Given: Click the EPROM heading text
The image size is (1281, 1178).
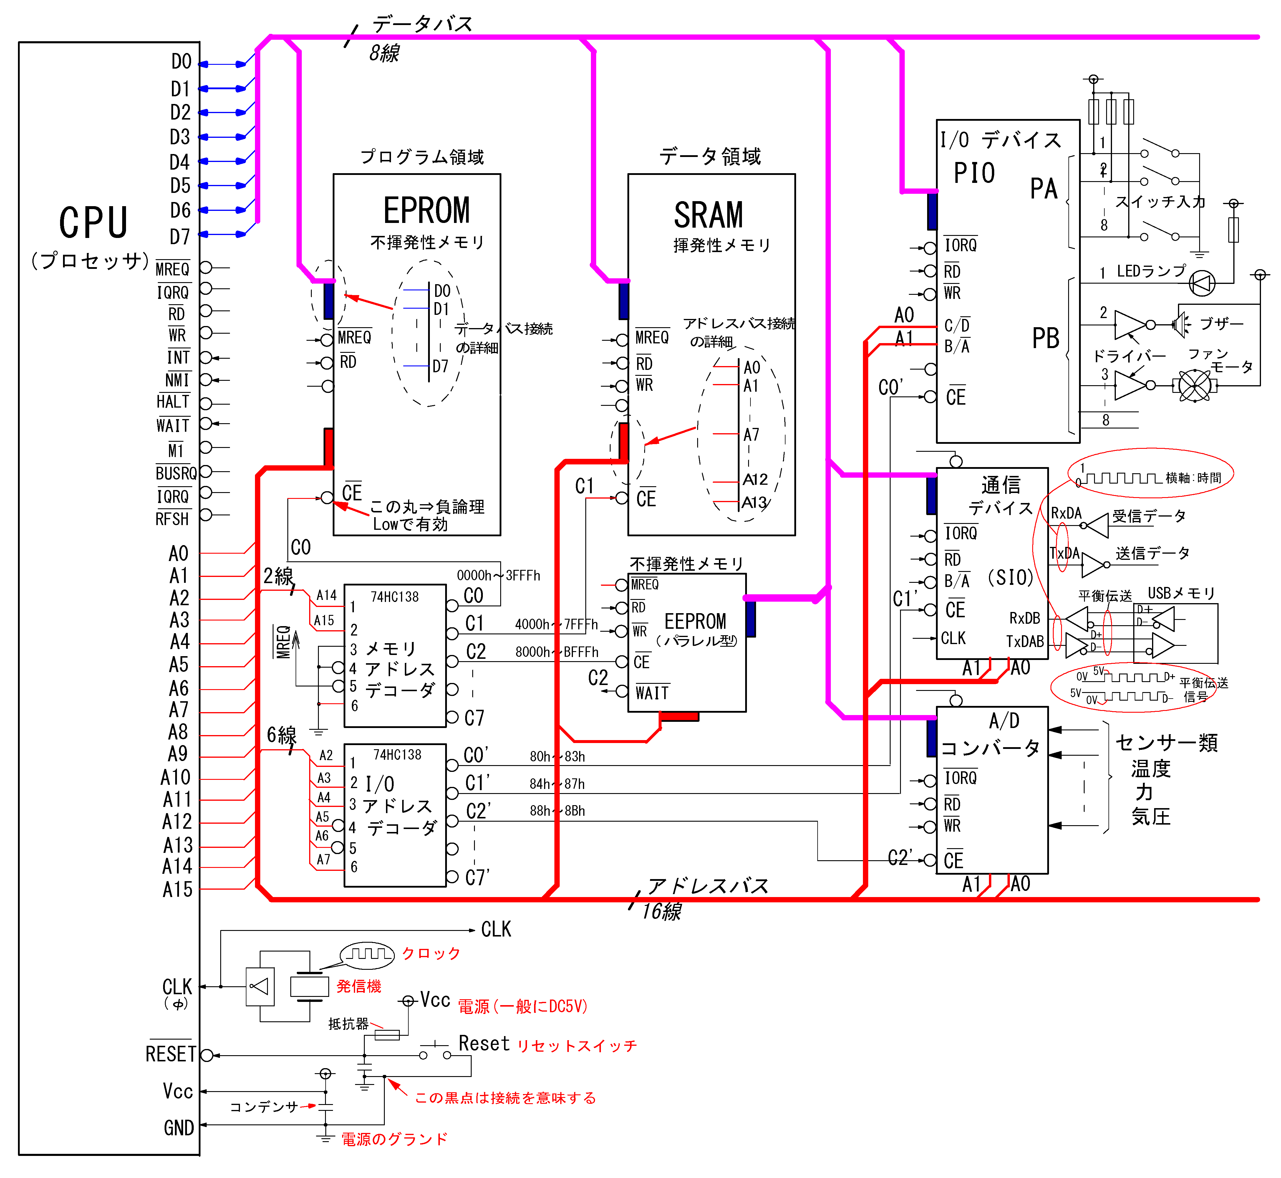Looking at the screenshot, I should [426, 211].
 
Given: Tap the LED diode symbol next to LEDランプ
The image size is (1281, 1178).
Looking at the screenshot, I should [1201, 283].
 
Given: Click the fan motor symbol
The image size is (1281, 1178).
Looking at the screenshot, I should [1194, 386].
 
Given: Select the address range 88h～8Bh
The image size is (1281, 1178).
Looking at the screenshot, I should [557, 811].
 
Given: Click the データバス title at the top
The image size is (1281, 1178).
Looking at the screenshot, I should [422, 24].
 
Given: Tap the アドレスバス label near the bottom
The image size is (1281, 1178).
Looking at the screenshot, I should [707, 886].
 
